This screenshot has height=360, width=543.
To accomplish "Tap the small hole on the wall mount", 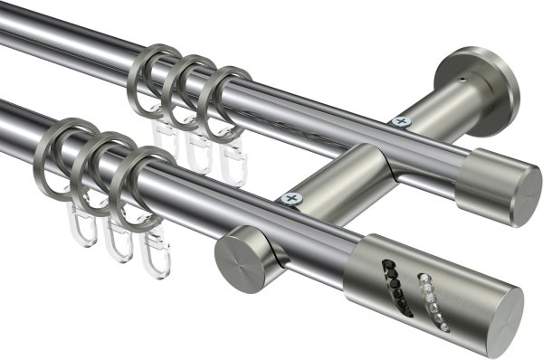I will tap(462, 81).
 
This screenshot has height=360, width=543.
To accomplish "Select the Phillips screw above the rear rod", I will tap(399, 120).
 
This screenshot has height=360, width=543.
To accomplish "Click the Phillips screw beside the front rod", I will tap(291, 198).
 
